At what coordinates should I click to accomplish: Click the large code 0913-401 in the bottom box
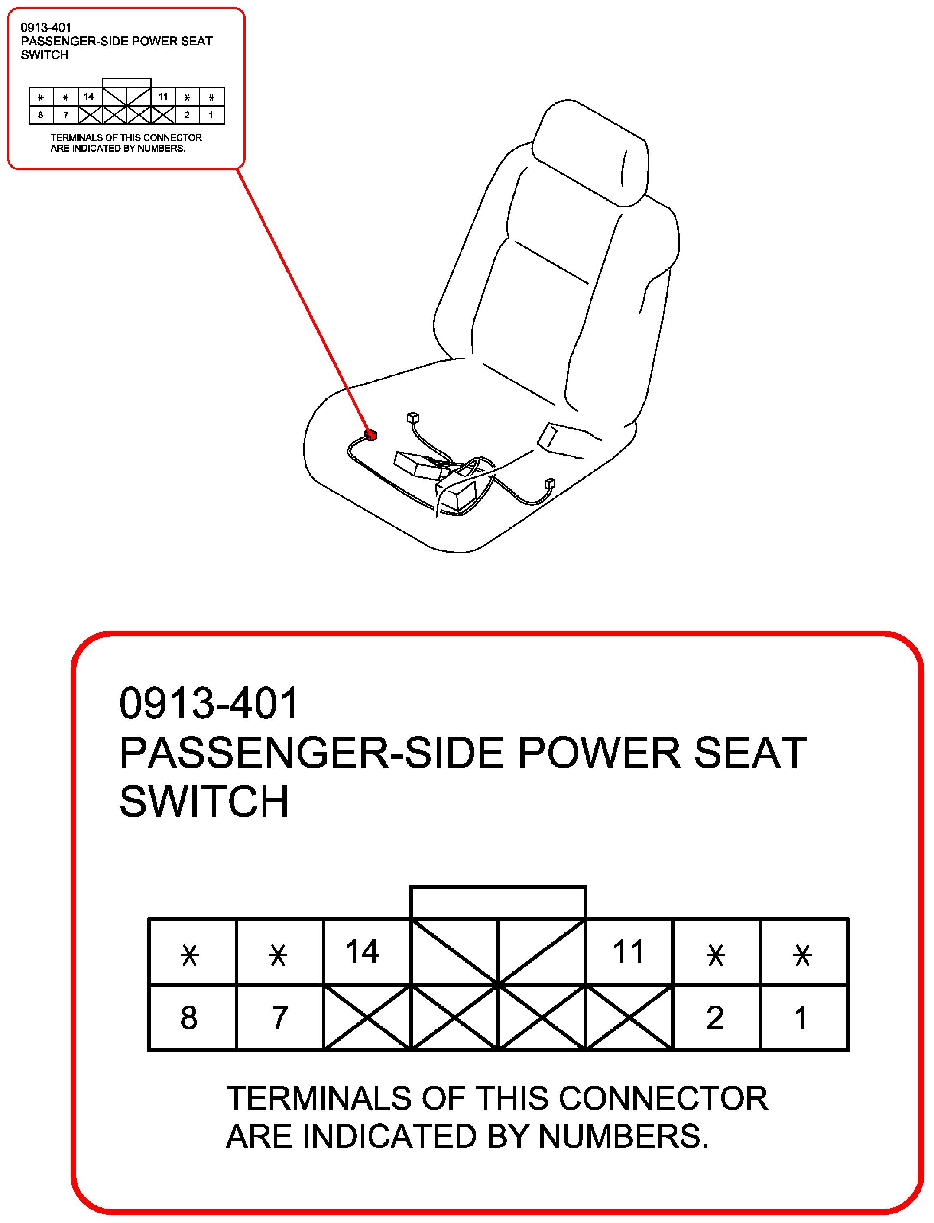(209, 703)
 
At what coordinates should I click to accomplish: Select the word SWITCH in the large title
(204, 801)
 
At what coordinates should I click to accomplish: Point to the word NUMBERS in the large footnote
(623, 1136)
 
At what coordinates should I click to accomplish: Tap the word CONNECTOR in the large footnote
(663, 1098)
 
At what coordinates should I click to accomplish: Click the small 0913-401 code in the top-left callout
(46, 27)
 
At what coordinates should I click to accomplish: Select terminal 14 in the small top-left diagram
(89, 97)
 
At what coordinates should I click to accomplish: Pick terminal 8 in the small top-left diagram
(41, 115)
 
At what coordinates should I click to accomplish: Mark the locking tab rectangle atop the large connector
(498, 886)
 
